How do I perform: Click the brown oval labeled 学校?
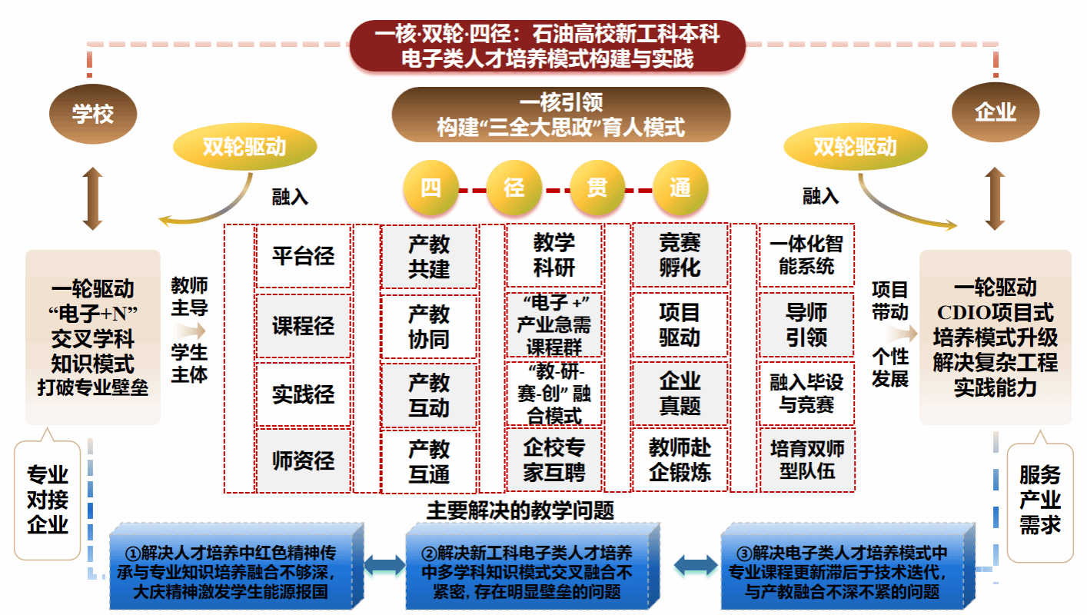click(93, 115)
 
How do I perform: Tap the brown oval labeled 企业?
click(996, 113)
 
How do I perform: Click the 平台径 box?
click(303, 256)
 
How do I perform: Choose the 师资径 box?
click(303, 460)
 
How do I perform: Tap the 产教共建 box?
click(429, 257)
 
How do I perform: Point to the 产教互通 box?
click(429, 461)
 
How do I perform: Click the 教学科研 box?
click(554, 256)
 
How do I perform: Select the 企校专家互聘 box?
click(554, 460)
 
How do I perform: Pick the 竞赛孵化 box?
click(680, 256)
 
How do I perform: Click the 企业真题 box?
click(680, 393)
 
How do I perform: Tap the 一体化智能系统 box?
click(806, 256)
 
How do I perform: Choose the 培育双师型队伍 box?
click(806, 460)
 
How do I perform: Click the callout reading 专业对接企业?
click(48, 500)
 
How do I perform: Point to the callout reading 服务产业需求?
click(1040, 500)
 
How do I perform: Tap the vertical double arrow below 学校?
click(93, 199)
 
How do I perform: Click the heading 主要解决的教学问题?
click(520, 510)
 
